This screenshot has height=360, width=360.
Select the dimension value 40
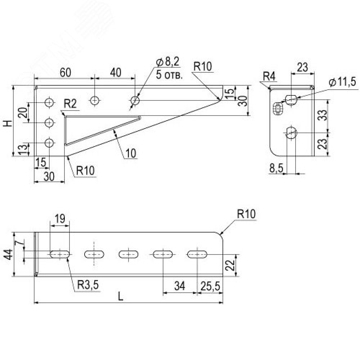(115, 72)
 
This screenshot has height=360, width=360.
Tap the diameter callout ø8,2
(168, 62)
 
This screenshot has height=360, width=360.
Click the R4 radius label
(269, 76)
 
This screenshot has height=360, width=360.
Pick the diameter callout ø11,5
(342, 82)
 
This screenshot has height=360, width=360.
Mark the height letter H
(7, 123)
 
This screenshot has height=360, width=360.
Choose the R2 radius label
(70, 104)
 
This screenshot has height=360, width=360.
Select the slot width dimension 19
(60, 219)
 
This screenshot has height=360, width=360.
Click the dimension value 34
(180, 286)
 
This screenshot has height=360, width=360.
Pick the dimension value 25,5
(210, 286)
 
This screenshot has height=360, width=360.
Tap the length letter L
(121, 296)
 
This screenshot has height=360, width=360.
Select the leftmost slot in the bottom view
(60, 254)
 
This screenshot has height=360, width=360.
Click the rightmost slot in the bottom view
(198, 254)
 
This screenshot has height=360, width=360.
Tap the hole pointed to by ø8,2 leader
(135, 100)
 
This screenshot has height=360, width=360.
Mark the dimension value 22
(231, 265)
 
